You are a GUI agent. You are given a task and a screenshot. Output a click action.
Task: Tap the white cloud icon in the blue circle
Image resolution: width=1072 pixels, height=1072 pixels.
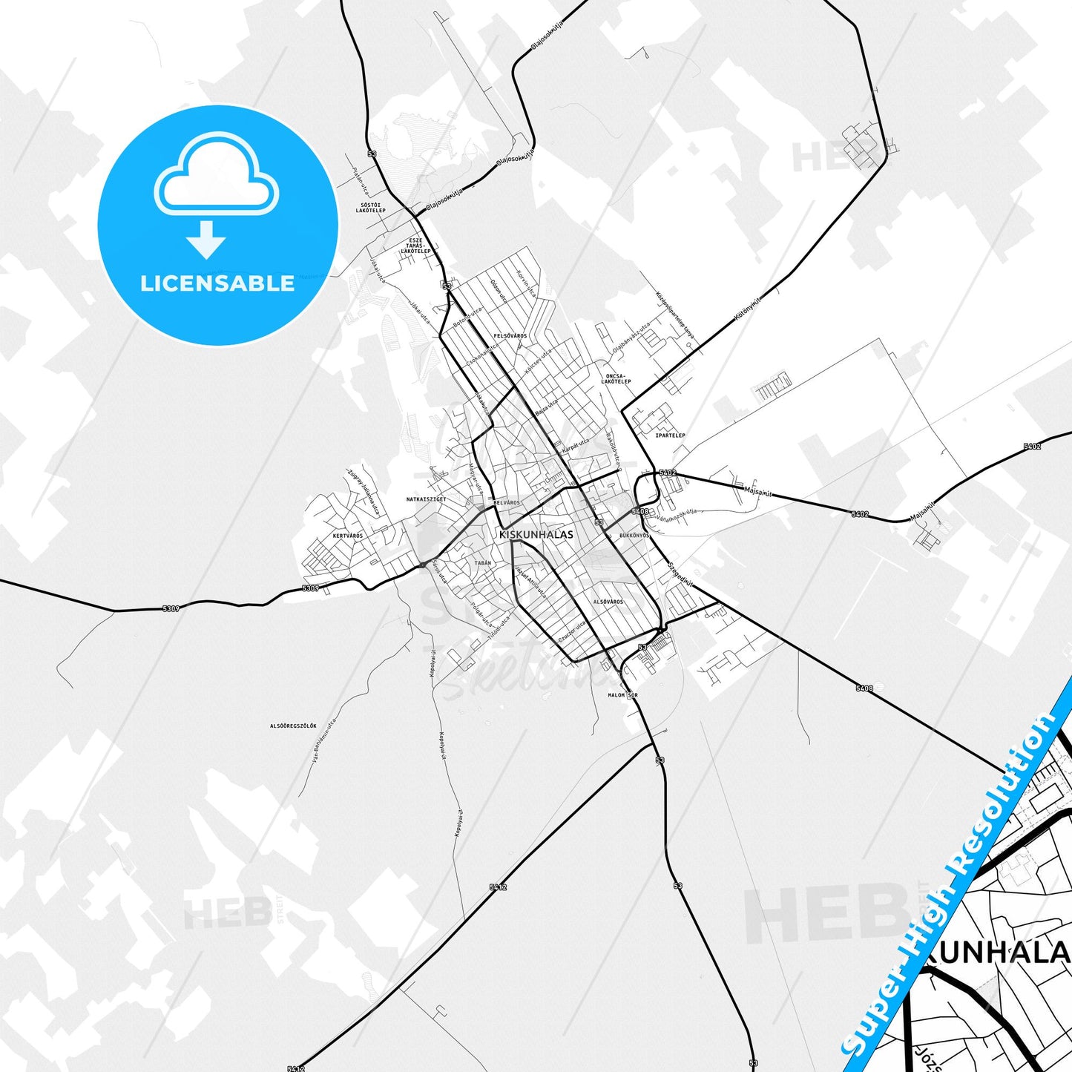point(217,174)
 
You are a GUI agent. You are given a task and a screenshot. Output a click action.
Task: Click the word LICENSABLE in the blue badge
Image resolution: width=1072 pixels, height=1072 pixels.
point(217,283)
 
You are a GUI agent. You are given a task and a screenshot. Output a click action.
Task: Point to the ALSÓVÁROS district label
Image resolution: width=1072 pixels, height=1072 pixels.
point(608,602)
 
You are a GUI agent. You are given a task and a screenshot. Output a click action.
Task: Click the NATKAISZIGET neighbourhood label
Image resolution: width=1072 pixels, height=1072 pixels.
point(427,499)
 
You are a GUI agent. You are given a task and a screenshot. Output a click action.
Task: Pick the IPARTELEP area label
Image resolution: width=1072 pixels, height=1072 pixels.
point(670,435)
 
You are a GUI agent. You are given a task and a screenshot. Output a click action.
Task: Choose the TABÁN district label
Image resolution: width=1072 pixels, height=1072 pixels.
point(482,563)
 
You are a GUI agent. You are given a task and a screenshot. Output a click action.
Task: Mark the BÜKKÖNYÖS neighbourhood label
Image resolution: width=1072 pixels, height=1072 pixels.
point(634,535)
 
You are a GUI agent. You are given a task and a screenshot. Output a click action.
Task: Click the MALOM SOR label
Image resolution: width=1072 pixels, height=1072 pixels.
point(622,695)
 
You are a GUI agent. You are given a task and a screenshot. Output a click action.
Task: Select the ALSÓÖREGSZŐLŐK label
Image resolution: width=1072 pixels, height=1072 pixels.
point(293,725)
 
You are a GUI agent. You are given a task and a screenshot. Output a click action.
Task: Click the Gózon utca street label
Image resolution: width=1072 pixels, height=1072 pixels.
point(499,291)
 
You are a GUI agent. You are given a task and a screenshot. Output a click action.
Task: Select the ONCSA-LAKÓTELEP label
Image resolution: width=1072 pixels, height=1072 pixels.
point(616,378)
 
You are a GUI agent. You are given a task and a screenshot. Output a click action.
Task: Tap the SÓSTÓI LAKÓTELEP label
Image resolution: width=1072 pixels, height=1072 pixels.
point(370,208)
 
